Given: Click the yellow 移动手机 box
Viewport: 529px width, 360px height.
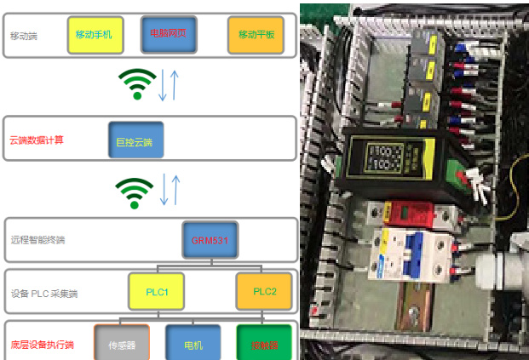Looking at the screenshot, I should [94, 35].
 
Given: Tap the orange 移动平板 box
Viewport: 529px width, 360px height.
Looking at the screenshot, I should [256, 35].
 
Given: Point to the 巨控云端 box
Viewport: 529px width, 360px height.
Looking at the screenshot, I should [135, 140].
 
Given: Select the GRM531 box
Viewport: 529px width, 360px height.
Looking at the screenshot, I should [210, 240].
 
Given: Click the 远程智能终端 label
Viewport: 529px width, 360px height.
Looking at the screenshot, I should [37, 240].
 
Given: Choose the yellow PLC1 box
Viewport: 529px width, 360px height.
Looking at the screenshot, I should [157, 292].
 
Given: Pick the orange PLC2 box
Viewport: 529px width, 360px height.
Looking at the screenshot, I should [263, 292].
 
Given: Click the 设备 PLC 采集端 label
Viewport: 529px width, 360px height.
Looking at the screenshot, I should [44, 294].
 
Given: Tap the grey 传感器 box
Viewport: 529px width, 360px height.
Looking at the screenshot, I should [122, 345].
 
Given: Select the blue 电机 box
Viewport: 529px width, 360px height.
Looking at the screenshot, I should [193, 345].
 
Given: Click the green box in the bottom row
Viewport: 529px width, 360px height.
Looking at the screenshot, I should [264, 345].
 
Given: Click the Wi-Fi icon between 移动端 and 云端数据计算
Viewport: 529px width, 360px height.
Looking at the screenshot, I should [136, 83].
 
